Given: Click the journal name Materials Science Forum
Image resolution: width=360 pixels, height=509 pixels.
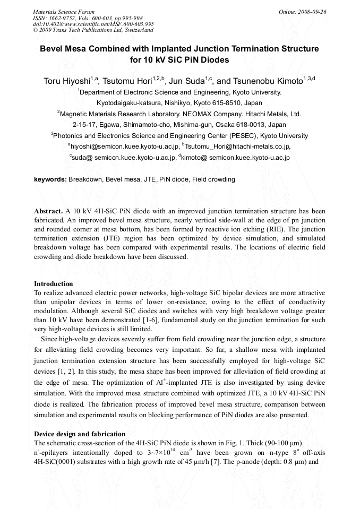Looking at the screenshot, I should coord(64,11).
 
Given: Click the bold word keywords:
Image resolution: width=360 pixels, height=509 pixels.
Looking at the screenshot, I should coord(50,179).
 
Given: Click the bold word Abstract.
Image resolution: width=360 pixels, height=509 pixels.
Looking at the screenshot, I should coord(49,211).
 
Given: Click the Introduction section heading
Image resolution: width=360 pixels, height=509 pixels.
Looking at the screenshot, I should coord(54,284).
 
